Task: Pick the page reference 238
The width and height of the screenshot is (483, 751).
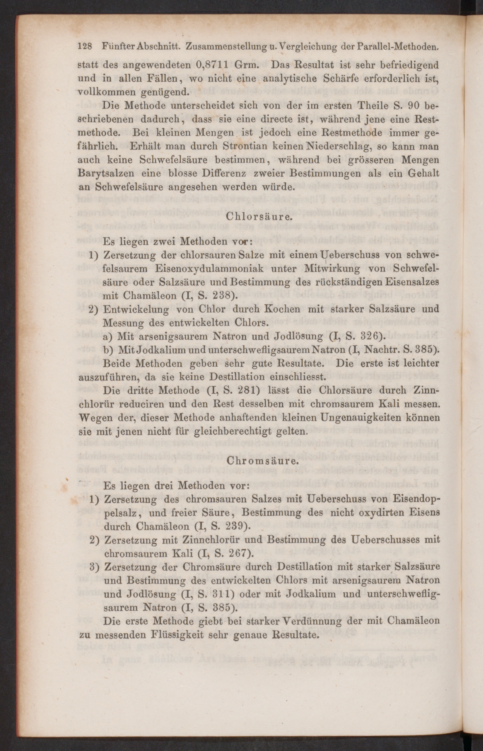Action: tap(222, 296)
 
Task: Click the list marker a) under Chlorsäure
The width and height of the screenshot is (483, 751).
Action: tap(109, 337)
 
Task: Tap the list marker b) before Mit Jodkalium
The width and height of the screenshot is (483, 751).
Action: tap(109, 350)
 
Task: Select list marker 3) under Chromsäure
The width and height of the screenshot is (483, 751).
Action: tap(95, 567)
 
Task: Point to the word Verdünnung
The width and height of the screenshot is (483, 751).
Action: tap(314, 621)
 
